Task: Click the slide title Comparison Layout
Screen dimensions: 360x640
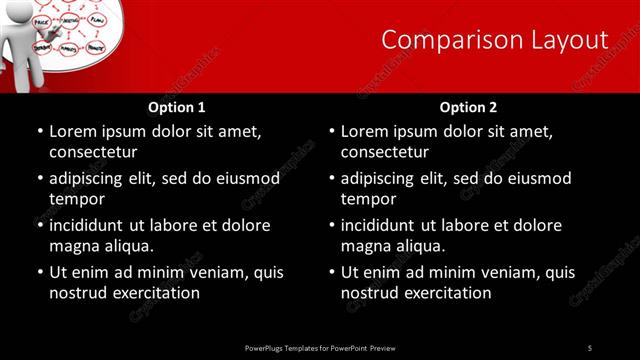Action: [x=495, y=40]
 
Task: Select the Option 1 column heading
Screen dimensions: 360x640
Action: [x=177, y=107]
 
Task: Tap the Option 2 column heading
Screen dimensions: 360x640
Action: [x=469, y=107]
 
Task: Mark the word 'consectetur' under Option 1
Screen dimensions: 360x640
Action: [x=93, y=152]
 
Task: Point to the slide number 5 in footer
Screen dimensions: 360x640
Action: [x=590, y=347]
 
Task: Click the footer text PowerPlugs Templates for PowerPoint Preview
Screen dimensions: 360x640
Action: [x=320, y=347]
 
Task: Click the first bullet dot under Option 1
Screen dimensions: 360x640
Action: [x=40, y=132]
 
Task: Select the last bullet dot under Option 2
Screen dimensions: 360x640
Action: [x=332, y=273]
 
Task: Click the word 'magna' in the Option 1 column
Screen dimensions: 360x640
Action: [x=72, y=246]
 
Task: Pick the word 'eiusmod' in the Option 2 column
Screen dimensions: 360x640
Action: [x=538, y=178]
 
